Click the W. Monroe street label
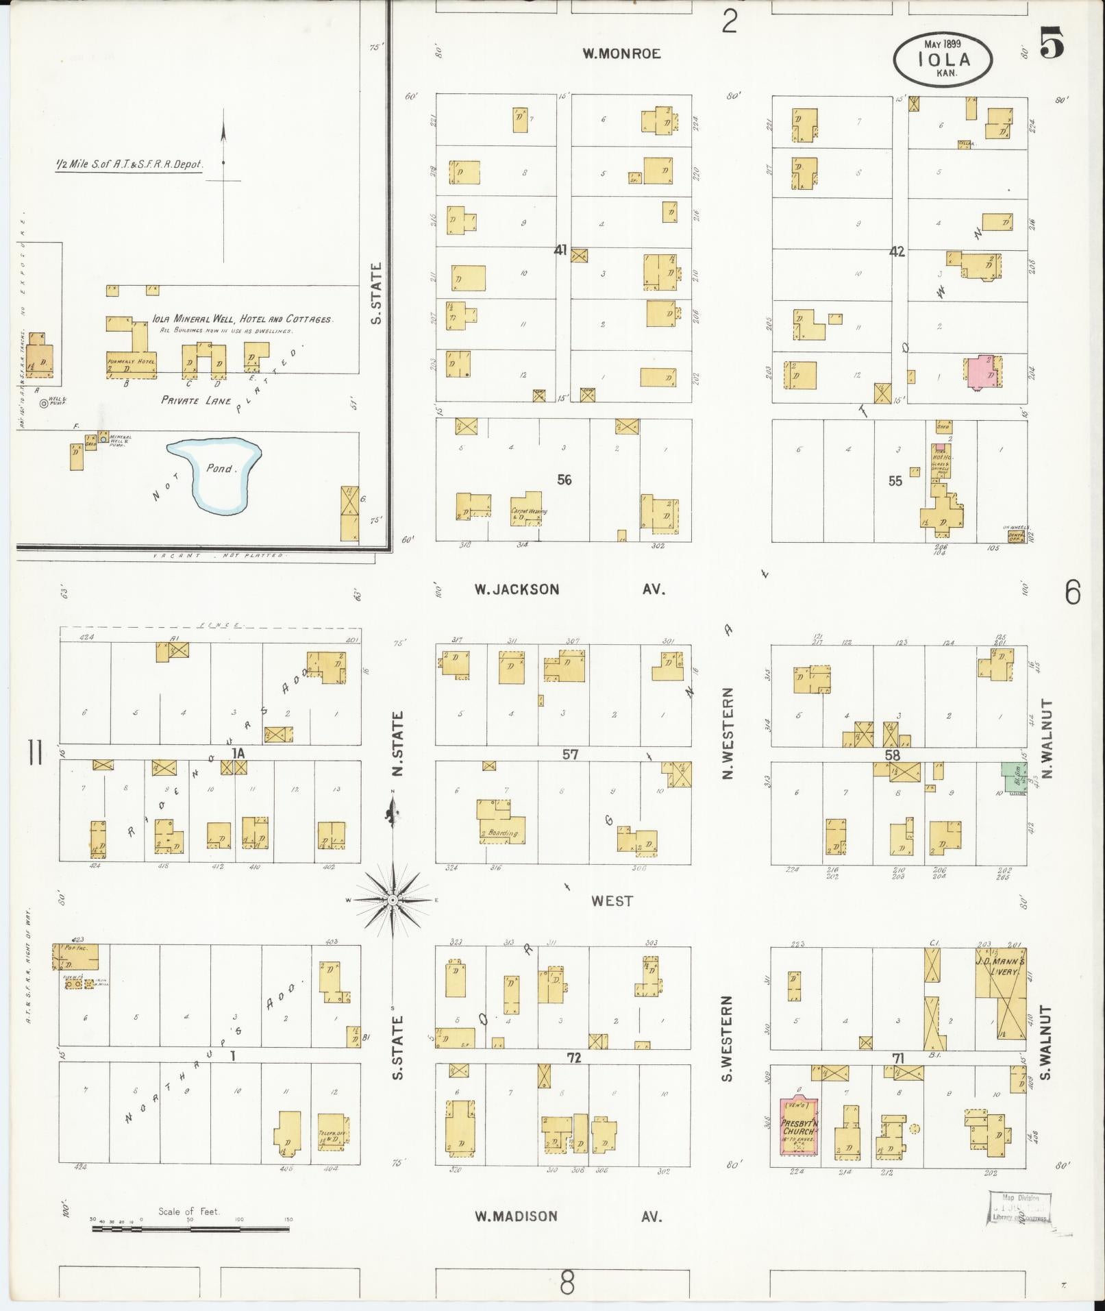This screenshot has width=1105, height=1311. coord(621,53)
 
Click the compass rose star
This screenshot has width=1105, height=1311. coord(393,899)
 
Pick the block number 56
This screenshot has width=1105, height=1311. coord(564,480)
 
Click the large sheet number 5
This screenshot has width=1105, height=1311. coord(1052,45)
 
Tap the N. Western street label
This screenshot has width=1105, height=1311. coord(728,733)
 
